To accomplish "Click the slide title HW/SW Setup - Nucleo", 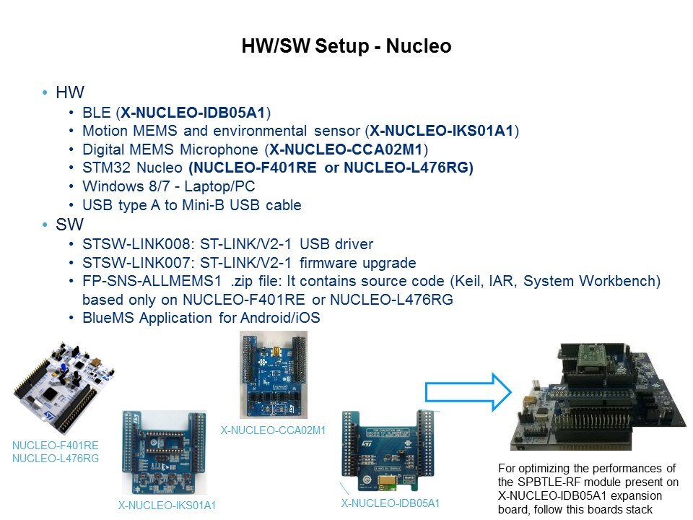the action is tap(346, 46).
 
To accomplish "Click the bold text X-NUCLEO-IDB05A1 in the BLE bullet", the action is tap(193, 113).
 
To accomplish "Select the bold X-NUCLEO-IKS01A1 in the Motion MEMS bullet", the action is tap(442, 131).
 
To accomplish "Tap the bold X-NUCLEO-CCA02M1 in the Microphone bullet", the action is tap(346, 149).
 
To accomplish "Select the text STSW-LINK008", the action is tap(136, 244).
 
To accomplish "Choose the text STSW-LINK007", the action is tap(136, 263).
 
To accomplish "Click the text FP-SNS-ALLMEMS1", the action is tap(152, 281).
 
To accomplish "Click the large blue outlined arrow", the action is tap(468, 391).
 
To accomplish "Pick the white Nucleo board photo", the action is tap(64, 388).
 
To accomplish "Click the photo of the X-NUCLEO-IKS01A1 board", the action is tap(164, 452).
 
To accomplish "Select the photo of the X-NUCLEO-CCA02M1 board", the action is tap(274, 375).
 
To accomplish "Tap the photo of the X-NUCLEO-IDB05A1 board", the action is tap(388, 451).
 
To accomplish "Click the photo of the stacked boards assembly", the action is tap(598, 396).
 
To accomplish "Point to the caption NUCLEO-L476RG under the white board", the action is tap(56, 459).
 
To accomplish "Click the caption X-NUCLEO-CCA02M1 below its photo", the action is tap(273, 430).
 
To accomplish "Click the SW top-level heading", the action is tap(69, 225).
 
